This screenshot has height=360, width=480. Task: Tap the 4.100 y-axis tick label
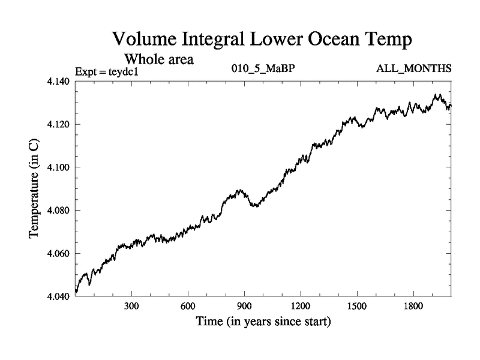point(59,167)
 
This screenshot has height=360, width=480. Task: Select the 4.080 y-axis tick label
point(59,211)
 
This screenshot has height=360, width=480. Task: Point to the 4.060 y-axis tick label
point(59,254)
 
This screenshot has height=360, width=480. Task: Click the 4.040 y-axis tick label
point(59,297)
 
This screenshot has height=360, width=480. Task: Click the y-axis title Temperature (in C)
point(35,188)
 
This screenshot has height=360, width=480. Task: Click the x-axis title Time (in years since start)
point(263,322)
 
